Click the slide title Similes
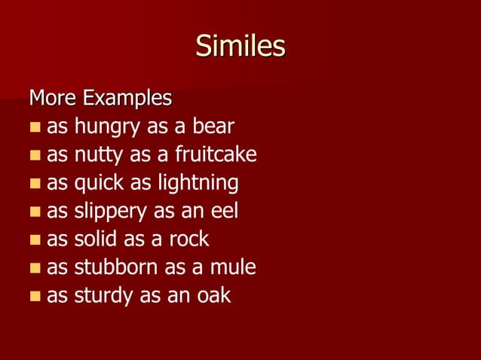click(240, 47)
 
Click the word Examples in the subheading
click(127, 98)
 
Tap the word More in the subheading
click(53, 98)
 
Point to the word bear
click(213, 126)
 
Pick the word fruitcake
click(216, 154)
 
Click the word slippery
click(111, 212)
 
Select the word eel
click(224, 211)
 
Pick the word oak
click(215, 295)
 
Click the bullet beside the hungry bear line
click(35, 127)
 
